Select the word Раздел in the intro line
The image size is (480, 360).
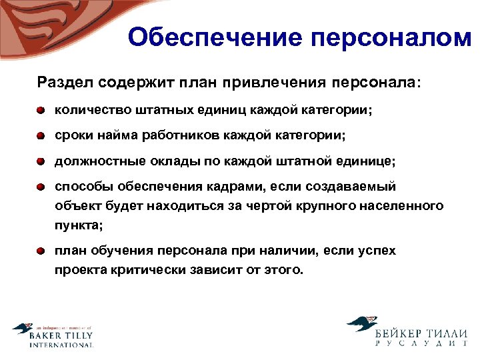[x=63, y=83]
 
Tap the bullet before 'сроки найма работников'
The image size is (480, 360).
[x=41, y=136]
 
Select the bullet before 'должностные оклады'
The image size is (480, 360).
[x=41, y=162]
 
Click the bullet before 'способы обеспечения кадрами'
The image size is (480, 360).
[x=41, y=188]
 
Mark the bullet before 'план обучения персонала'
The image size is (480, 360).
[x=41, y=251]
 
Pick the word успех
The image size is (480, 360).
[x=377, y=251]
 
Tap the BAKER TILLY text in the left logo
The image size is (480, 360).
[x=61, y=336]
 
